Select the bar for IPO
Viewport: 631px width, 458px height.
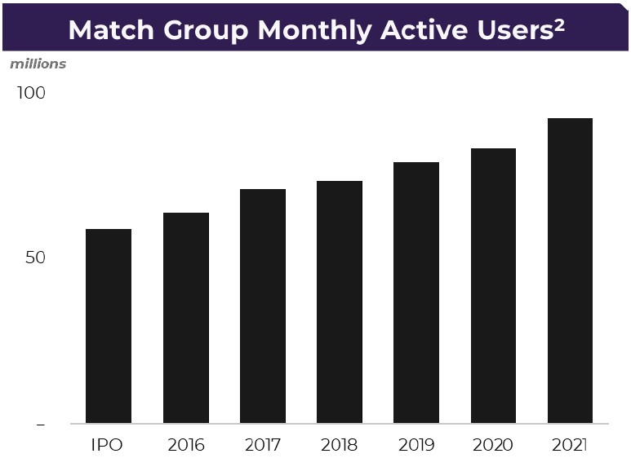click(x=109, y=326)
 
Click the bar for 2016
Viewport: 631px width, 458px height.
click(x=186, y=318)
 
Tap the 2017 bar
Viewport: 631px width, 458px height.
click(x=263, y=306)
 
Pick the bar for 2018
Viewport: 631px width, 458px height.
click(x=340, y=302)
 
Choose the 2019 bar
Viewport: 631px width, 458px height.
click(x=416, y=293)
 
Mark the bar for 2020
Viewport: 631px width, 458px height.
click(x=493, y=286)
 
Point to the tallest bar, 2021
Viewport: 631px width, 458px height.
click(x=571, y=271)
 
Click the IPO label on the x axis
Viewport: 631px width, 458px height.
click(x=107, y=445)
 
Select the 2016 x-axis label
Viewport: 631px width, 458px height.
click(x=186, y=445)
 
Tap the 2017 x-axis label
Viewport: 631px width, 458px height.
click(x=263, y=445)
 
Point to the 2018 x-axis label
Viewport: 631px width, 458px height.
click(x=340, y=445)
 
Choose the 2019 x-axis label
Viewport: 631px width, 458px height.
click(x=416, y=445)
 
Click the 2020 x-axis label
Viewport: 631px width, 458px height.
click(x=493, y=445)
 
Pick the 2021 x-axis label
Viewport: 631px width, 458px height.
click(x=570, y=445)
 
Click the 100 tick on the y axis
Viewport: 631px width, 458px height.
click(x=31, y=93)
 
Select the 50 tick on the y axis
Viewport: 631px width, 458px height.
click(x=35, y=258)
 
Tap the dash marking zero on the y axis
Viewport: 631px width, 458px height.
click(x=41, y=425)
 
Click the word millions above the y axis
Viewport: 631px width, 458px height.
click(x=38, y=64)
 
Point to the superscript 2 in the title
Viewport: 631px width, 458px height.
click(x=559, y=25)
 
